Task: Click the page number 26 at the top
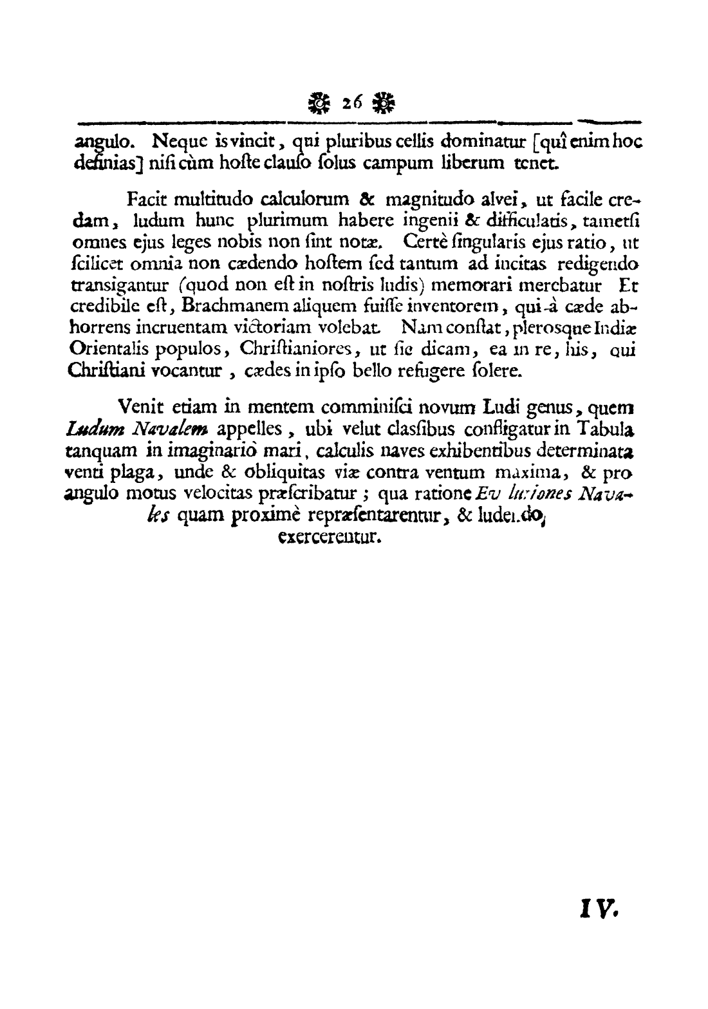353,102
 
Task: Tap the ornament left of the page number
319,102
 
